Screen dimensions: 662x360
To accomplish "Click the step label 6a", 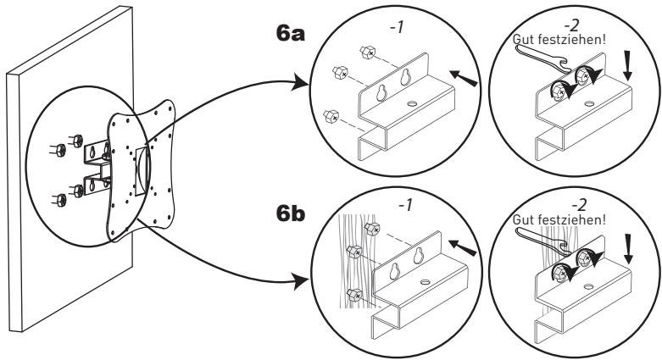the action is point(290,34).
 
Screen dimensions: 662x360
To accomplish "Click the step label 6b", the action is point(291,213).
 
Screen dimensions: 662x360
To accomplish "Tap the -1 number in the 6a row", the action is point(397,27).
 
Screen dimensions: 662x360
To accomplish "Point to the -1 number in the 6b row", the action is point(404,206).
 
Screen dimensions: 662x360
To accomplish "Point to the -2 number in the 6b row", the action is point(579,205).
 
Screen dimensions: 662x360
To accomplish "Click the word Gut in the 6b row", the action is point(522,220).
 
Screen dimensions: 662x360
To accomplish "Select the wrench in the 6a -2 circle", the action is point(544,58).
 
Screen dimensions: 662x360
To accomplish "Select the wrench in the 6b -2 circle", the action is point(542,241).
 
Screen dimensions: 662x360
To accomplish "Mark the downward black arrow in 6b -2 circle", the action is point(629,249).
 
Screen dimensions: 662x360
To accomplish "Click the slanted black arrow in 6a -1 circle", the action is point(464,79).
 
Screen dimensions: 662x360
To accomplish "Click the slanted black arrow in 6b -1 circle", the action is point(462,247).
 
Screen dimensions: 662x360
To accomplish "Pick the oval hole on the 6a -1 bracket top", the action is point(413,104).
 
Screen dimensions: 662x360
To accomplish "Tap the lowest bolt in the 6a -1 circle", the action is point(331,116).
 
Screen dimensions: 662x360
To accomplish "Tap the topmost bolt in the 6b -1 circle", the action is point(372,230).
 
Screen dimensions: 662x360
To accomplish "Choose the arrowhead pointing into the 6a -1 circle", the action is point(301,83).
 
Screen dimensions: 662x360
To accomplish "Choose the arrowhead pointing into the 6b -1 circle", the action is point(301,280).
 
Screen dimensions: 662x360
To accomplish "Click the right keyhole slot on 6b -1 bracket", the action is point(419,256).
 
